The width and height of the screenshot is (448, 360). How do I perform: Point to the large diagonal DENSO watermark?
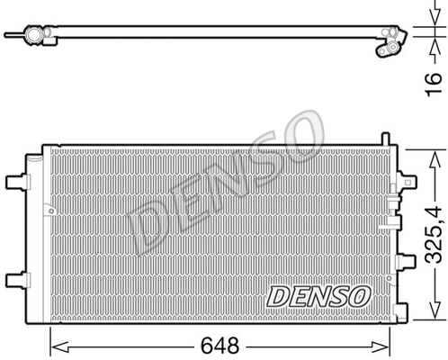[x=225, y=180]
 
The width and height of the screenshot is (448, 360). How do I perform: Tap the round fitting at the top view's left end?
[x=37, y=35]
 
